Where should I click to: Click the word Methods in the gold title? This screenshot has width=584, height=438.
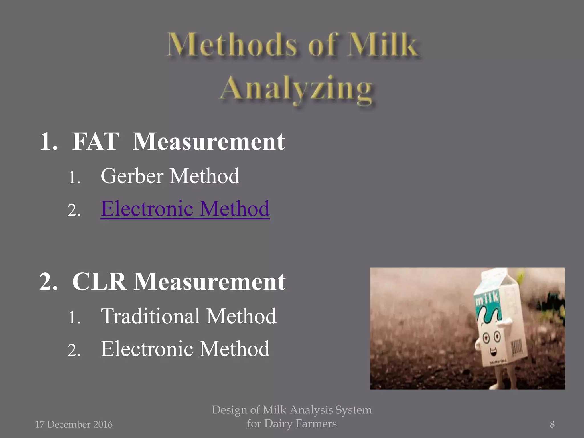(232, 45)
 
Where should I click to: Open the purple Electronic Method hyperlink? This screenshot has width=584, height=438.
(185, 209)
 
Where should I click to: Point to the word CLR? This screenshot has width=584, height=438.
(99, 282)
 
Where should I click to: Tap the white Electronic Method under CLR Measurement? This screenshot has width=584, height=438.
(185, 349)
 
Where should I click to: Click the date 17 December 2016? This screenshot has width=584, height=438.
(74, 424)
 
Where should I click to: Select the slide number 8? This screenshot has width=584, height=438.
(552, 424)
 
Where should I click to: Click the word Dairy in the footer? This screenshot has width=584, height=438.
(278, 423)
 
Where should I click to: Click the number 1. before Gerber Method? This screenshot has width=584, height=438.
(74, 177)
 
